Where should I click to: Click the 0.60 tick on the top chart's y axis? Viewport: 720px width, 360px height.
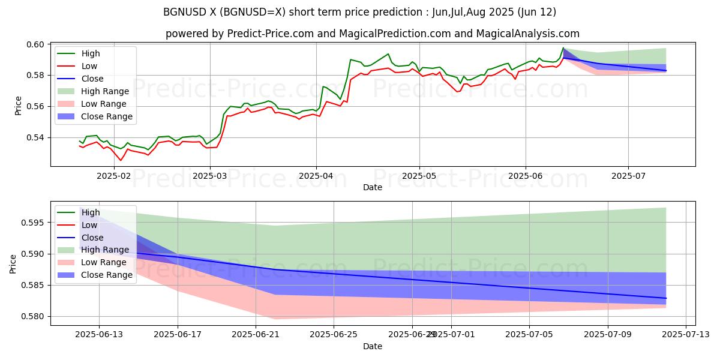[35, 44]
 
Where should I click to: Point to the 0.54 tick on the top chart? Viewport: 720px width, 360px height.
[35, 137]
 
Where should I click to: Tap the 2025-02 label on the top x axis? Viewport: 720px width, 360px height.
[113, 176]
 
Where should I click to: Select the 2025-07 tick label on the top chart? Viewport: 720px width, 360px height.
[628, 176]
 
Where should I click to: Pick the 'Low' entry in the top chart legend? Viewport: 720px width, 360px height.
[89, 66]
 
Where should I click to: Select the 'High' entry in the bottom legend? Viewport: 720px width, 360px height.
[91, 212]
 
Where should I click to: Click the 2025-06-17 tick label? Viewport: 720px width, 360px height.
[178, 334]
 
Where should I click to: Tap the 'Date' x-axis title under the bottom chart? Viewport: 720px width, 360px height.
[373, 346]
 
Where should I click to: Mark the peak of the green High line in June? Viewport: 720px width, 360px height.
[563, 47]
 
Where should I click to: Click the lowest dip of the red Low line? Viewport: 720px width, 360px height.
[121, 160]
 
